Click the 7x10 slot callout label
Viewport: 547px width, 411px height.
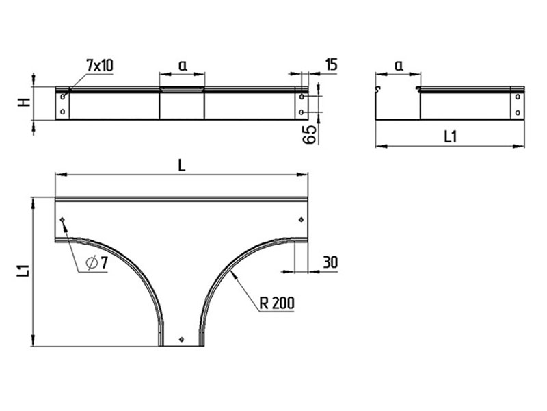[100, 65]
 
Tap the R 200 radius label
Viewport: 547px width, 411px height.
[277, 303]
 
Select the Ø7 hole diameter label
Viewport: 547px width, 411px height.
[96, 262]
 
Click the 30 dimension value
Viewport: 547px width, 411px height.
[330, 262]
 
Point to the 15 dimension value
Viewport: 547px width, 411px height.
[331, 64]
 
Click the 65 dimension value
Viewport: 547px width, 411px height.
[310, 134]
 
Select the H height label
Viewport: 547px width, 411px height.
[25, 102]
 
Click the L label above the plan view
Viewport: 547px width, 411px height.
[182, 166]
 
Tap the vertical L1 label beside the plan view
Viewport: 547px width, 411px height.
[24, 271]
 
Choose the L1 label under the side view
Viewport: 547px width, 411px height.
[451, 136]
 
